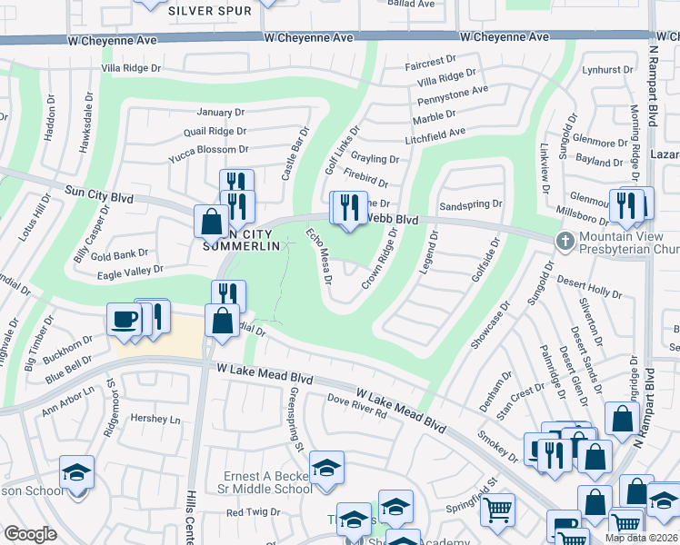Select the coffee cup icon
click(125, 319)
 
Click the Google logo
click(30, 534)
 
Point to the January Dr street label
click(221, 113)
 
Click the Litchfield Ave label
click(435, 133)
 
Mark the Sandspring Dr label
click(470, 205)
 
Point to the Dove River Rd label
click(357, 407)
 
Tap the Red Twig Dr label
click(254, 512)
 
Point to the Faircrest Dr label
click(431, 63)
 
